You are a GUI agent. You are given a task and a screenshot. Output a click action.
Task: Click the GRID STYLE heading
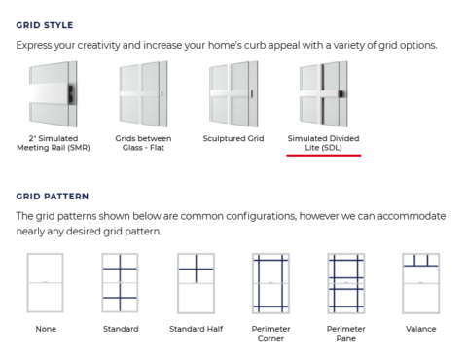click(x=45, y=25)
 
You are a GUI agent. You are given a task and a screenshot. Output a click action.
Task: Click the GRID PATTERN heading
click(x=53, y=197)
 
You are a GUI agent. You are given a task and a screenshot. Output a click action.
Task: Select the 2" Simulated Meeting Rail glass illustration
click(x=54, y=94)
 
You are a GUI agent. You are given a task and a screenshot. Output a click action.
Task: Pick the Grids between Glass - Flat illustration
click(x=143, y=94)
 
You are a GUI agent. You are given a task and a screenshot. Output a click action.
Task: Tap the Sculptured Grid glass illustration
click(x=233, y=94)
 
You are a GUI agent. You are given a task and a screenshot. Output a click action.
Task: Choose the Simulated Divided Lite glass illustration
click(x=323, y=94)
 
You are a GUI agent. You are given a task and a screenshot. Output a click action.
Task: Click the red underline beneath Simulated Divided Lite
click(x=324, y=156)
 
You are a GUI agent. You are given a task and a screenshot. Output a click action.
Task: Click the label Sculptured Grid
click(x=233, y=138)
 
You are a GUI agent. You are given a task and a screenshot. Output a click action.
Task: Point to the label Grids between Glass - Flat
click(x=143, y=143)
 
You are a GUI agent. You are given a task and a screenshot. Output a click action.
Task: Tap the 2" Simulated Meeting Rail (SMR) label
click(x=54, y=143)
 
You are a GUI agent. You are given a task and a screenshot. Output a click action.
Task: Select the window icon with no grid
click(x=46, y=283)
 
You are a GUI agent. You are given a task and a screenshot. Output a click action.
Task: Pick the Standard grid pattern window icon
click(x=120, y=283)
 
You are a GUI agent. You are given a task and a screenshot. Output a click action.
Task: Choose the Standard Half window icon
click(x=196, y=283)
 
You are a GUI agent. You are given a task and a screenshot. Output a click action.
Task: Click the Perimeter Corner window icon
click(x=270, y=283)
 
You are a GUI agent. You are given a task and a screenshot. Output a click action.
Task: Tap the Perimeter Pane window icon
click(x=346, y=283)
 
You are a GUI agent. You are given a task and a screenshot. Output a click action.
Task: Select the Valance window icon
click(x=421, y=283)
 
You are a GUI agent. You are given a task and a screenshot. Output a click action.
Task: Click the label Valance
click(x=421, y=329)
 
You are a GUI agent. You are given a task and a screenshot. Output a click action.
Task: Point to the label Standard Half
click(x=196, y=329)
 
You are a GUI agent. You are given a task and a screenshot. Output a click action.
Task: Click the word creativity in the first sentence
click(x=99, y=45)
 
